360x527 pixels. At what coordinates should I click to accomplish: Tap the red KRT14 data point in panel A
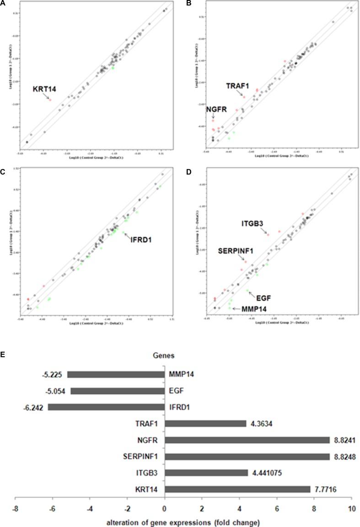pos(50,100)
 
